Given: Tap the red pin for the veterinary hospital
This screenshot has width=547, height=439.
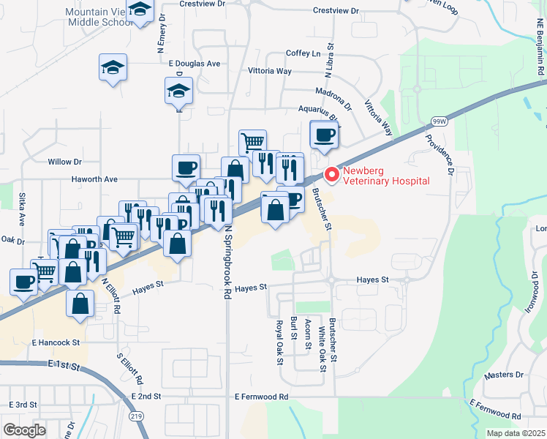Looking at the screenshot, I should point(331,175).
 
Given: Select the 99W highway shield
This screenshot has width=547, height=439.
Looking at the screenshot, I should point(439,121).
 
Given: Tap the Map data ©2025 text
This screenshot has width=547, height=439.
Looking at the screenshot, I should point(516,433).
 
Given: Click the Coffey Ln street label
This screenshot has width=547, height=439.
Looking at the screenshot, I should point(303,53).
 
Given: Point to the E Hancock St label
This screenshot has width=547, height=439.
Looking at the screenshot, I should point(55,342).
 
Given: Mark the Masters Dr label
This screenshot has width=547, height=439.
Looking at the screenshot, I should point(504,375).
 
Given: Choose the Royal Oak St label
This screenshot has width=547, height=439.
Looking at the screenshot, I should point(279,342).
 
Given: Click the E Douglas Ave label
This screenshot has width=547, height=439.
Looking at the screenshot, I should point(194,64).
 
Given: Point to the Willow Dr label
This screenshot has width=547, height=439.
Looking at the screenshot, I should point(64,161).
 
